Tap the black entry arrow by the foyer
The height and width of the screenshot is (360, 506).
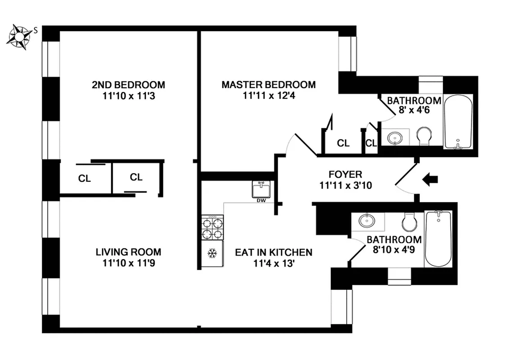(430, 180)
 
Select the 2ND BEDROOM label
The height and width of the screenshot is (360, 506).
(128, 85)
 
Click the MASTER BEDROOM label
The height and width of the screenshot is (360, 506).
(268, 85)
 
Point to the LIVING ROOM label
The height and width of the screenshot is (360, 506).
(128, 252)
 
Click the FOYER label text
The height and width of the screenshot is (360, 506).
(345, 174)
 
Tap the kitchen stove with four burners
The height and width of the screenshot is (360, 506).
(212, 228)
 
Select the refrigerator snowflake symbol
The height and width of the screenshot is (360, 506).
(212, 254)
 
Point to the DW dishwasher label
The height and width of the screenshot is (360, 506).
(261, 200)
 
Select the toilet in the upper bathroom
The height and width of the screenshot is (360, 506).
(424, 136)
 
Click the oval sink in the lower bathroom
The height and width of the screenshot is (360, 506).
(367, 221)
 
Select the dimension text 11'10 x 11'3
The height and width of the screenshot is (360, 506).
(128, 95)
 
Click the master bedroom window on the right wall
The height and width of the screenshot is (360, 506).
(347, 54)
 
